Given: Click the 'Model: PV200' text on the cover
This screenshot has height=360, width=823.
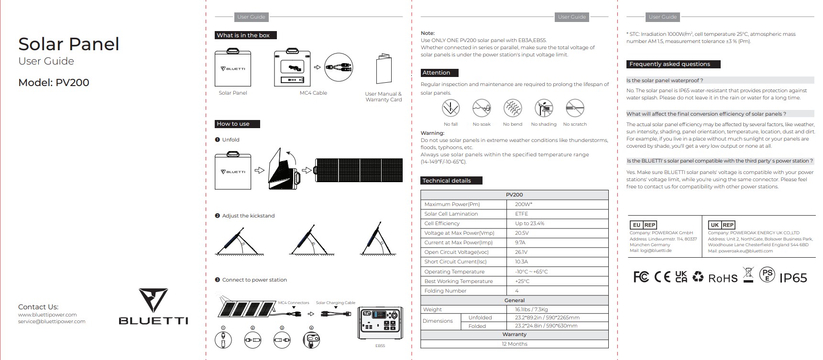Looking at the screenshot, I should pos(54,82).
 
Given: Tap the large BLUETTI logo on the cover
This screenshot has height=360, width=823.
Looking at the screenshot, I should pos(153,306).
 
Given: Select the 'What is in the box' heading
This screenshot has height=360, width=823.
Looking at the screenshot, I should pos(243,35).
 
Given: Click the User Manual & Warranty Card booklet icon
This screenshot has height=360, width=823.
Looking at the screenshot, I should pos(384,69).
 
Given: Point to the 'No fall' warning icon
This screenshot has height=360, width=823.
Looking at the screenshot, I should pos(450,109).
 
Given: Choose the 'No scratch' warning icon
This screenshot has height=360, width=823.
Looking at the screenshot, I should pos(575,109).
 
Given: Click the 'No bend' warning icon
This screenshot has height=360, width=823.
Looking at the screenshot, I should pos(513,109).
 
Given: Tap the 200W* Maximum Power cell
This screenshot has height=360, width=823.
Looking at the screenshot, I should pos(524,204).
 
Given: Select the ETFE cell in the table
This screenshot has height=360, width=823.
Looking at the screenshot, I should pos(521,214).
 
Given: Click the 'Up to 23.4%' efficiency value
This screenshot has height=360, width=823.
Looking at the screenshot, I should pos(529,223).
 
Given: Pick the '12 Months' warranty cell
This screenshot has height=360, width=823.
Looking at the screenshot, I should pos(515,344).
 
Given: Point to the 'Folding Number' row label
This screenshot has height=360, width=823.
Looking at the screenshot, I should pos(445,291).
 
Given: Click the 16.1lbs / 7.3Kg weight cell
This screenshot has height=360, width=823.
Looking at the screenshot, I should pos(531,309).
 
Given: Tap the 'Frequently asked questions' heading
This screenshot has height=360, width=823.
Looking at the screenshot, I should pos(669,64).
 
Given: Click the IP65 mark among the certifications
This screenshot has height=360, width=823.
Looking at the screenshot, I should pos(793,278).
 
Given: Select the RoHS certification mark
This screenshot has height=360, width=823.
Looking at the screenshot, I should pos(723,278).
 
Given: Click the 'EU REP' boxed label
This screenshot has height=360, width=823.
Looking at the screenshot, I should pos(644,225).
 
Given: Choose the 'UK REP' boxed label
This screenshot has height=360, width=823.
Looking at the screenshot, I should pos(722,225).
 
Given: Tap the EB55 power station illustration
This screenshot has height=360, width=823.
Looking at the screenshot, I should pos(380,323).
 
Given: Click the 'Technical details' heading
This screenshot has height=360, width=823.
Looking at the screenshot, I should pos(447,181).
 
